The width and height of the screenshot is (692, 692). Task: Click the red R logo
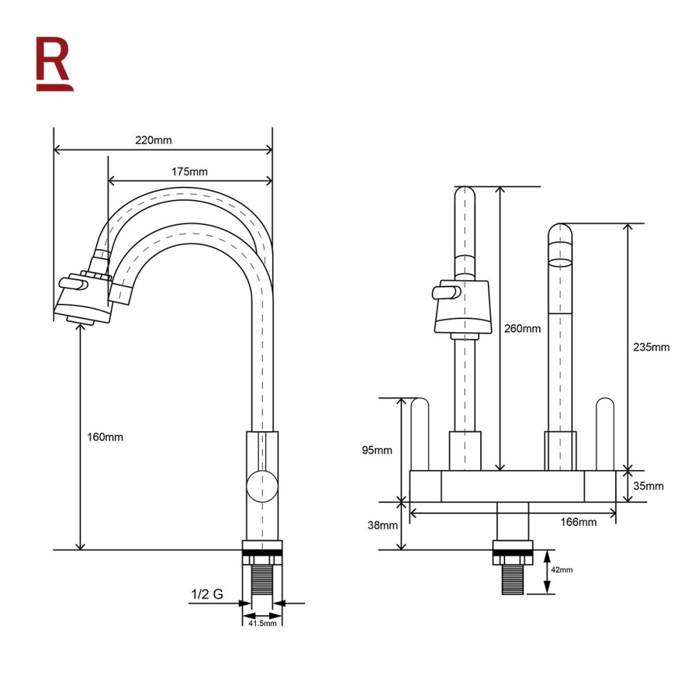coord(54,64)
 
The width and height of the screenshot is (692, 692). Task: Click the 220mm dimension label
coord(154,140)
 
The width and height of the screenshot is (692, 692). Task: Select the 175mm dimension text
coord(190,172)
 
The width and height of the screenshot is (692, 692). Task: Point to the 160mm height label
coord(105,437)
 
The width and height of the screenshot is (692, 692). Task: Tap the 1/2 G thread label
coord(207,594)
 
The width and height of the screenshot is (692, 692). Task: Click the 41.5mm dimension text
coord(262,623)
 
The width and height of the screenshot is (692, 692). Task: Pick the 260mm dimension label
coord(522,328)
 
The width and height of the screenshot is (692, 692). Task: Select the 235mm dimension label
coord(651,347)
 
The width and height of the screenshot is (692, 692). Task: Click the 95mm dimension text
coord(377,450)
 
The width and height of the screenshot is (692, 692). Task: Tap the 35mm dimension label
coord(648,486)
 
